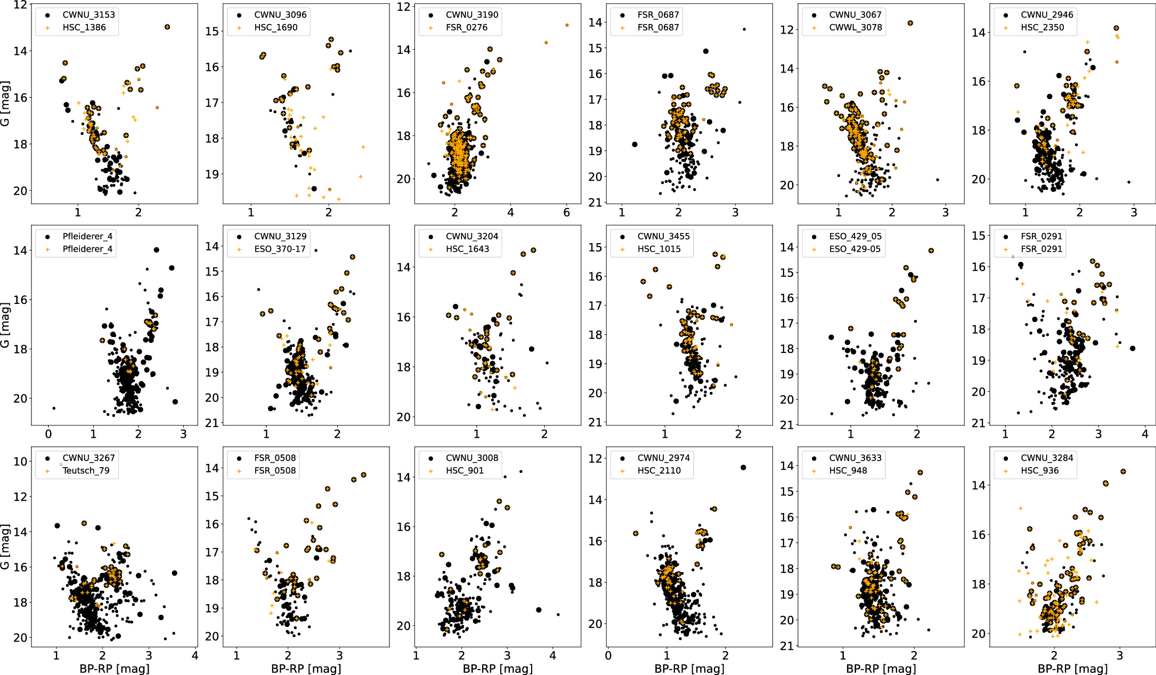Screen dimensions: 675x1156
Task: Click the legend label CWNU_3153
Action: pos(88,14)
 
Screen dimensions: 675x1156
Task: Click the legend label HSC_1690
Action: pos(275,27)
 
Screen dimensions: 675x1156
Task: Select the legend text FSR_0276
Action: pos(467,27)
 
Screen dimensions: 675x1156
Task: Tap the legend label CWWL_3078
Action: pos(856,27)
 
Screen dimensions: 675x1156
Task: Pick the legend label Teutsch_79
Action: pos(86,470)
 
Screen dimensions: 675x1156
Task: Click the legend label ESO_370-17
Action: pos(280,249)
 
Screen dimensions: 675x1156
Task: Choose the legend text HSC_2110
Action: pos(659,470)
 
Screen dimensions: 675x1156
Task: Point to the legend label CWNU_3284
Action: pos(1047,457)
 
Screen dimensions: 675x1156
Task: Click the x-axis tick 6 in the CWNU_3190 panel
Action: pos(566,212)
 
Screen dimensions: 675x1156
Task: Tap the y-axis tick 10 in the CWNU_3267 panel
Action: pos(20,462)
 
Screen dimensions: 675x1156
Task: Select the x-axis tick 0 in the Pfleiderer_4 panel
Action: pos(48,434)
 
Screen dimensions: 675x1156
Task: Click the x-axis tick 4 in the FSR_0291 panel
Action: pos(1145,434)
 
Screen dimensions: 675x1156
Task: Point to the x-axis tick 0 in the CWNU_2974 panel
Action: pos(608,656)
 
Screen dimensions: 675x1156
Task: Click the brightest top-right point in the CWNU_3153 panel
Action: pos(167,27)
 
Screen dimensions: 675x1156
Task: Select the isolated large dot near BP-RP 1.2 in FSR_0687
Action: pos(634,144)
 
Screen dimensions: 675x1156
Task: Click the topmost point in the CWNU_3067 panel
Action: pos(910,23)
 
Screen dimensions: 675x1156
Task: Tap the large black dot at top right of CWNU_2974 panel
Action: pos(743,468)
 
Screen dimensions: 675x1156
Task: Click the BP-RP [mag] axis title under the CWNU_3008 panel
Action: pos(498,669)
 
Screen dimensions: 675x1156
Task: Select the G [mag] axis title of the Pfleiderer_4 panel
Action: pos(5,325)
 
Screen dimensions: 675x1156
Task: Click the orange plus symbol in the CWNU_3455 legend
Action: pos(622,249)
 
